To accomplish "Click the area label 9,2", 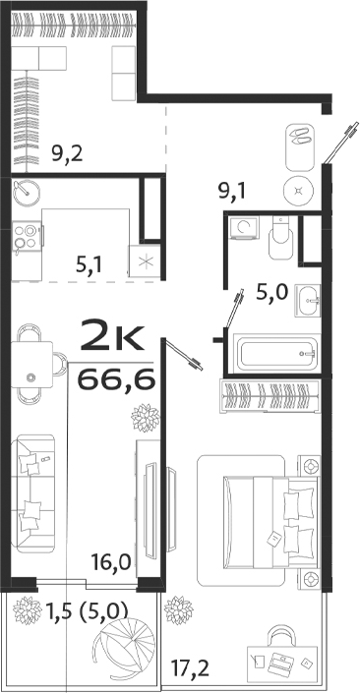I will [66, 152].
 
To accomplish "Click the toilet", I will [279, 234].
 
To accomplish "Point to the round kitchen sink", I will [25, 193].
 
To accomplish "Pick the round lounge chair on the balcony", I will [116, 649].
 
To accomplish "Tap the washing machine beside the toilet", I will [241, 230].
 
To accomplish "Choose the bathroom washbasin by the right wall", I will [310, 298].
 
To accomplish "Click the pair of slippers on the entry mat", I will [299, 138].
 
